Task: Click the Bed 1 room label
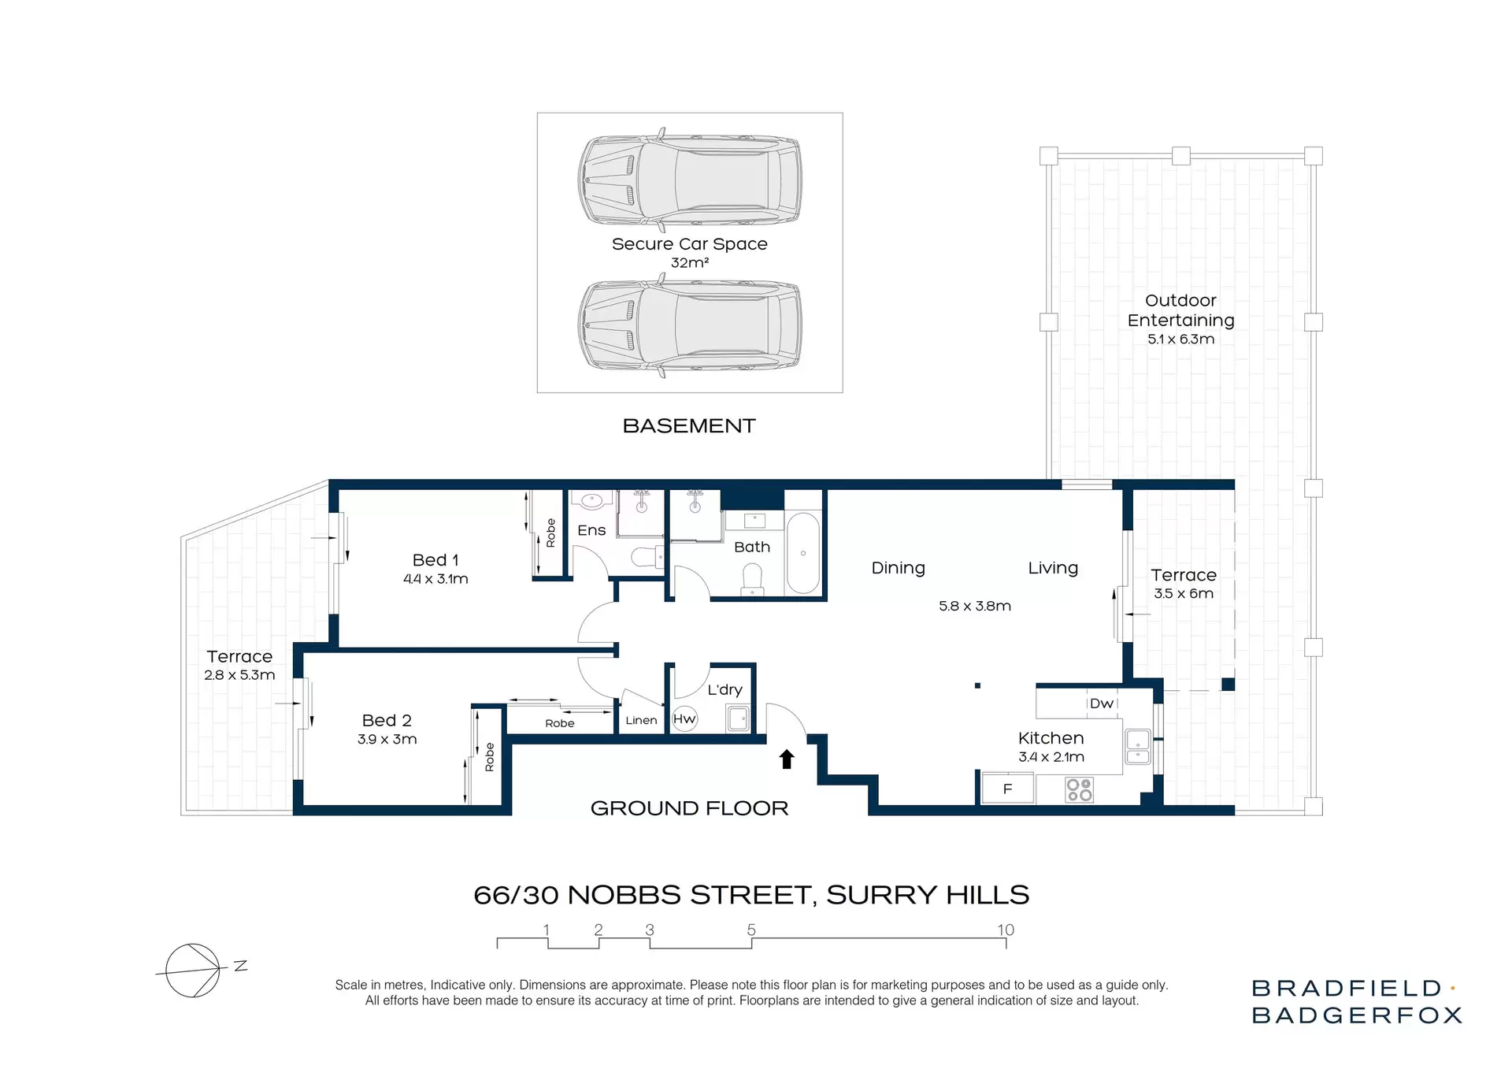pyautogui.click(x=435, y=560)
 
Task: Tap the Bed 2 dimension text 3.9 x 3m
pyautogui.click(x=387, y=739)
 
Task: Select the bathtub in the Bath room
pyautogui.click(x=803, y=553)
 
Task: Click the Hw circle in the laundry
pyautogui.click(x=684, y=718)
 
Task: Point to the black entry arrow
pyautogui.click(x=787, y=759)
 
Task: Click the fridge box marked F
pyautogui.click(x=1007, y=789)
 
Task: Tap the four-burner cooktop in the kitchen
pyautogui.click(x=1079, y=789)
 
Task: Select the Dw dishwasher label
pyautogui.click(x=1101, y=703)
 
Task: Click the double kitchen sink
pyautogui.click(x=1138, y=748)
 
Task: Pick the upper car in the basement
pyautogui.click(x=690, y=180)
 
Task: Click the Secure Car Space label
pyautogui.click(x=689, y=244)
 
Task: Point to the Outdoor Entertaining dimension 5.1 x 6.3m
pyautogui.click(x=1180, y=340)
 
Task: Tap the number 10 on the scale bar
pyautogui.click(x=1006, y=930)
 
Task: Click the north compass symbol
pyautogui.click(x=194, y=970)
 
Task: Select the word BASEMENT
pyautogui.click(x=689, y=426)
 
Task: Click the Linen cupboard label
pyautogui.click(x=641, y=720)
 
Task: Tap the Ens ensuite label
pyautogui.click(x=591, y=530)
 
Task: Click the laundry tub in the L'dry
pyautogui.click(x=738, y=718)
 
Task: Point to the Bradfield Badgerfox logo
pyautogui.click(x=1356, y=1001)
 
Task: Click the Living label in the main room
pyautogui.click(x=1053, y=568)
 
